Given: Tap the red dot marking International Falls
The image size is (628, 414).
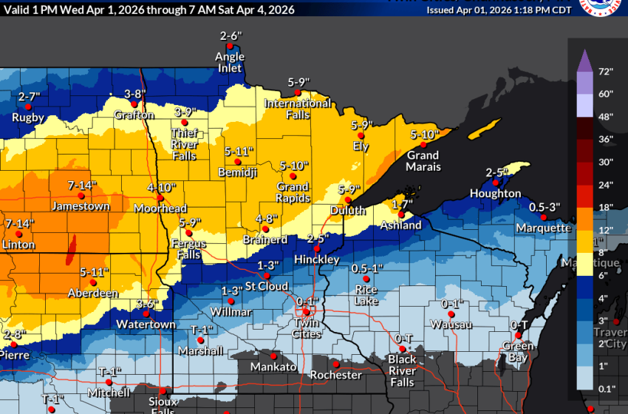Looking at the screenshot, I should click(x=298, y=93).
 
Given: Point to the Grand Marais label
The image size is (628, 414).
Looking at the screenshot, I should click(x=423, y=160).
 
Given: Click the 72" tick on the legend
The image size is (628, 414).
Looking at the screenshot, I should click(x=607, y=72).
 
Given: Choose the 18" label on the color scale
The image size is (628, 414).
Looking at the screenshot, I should click(x=607, y=208).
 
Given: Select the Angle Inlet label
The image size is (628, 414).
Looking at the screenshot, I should click(x=229, y=62).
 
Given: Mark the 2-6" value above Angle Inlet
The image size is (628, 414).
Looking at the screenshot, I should click(x=230, y=36).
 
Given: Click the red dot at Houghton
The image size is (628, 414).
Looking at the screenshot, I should click(x=496, y=183).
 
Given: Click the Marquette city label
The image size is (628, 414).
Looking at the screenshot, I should click(x=544, y=228).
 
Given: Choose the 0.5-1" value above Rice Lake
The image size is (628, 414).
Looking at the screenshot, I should click(x=367, y=268).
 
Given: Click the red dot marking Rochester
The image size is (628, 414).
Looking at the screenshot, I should click(x=336, y=364).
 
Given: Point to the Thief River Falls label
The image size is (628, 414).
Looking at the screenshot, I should click(x=184, y=144).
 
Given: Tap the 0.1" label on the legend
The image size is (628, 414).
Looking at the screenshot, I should click(x=607, y=389).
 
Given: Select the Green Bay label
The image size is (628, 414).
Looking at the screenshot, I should click(x=518, y=351).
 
